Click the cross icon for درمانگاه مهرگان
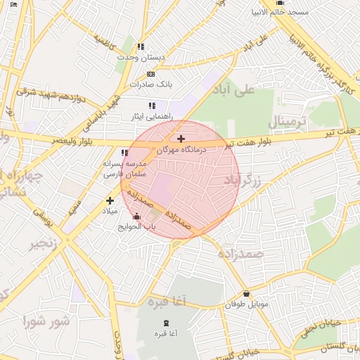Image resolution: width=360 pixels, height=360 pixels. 181,139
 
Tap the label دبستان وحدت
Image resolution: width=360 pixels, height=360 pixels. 141,56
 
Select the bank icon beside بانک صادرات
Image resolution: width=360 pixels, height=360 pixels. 150,74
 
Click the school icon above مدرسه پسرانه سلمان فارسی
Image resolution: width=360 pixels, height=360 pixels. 124,153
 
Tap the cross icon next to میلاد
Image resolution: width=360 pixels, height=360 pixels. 110,200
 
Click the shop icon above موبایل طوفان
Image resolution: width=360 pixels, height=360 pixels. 246,294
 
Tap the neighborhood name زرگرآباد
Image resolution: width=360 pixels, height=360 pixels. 243,181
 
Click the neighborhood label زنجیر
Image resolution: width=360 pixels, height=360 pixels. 44,244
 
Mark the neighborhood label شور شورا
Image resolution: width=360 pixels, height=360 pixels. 46,321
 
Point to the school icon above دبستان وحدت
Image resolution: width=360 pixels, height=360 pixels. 141,46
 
